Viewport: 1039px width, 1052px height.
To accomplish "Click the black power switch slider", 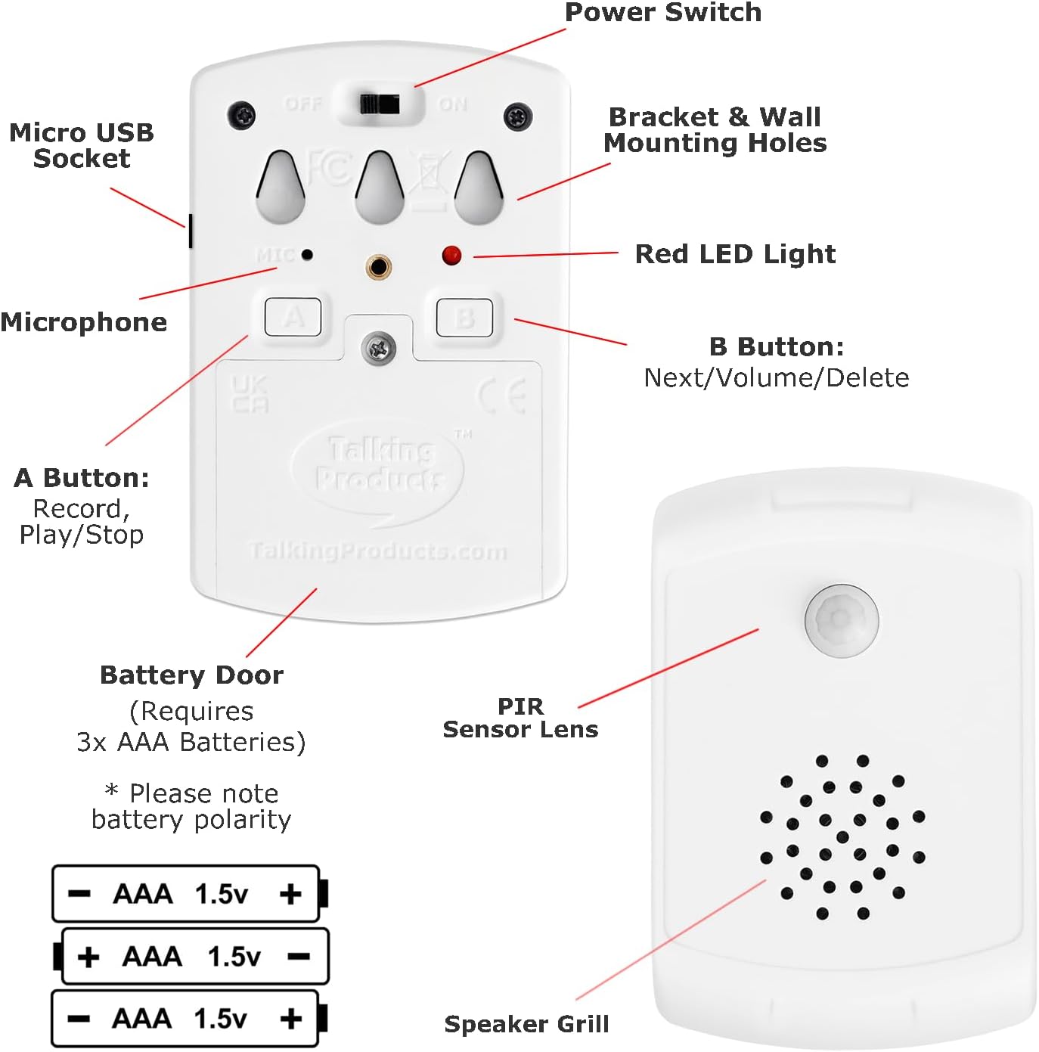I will (380, 104).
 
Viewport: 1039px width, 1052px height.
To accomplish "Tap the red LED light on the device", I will (451, 255).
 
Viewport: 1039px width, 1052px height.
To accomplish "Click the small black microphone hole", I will (307, 255).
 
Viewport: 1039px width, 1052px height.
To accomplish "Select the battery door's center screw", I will (379, 349).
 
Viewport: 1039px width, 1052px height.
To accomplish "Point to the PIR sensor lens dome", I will (841, 619).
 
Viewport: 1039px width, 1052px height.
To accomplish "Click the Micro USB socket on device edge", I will (190, 231).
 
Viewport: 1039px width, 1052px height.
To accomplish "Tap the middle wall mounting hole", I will (380, 188).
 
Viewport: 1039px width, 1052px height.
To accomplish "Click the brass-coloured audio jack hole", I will (378, 267).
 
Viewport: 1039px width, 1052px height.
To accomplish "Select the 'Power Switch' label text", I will (662, 12).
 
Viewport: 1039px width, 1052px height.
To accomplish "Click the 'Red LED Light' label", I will (735, 254).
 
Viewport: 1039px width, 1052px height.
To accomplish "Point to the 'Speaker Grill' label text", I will (526, 1024).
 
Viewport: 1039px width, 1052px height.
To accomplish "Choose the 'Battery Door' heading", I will (191, 675).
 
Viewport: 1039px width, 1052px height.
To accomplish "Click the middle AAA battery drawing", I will (193, 957).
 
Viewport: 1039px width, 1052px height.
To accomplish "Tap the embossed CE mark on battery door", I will (502, 396).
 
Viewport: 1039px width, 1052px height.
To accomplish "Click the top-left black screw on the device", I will (242, 116).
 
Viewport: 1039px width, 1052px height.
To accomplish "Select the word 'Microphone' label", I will (84, 322).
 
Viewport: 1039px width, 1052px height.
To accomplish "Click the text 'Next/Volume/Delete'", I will (776, 377).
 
